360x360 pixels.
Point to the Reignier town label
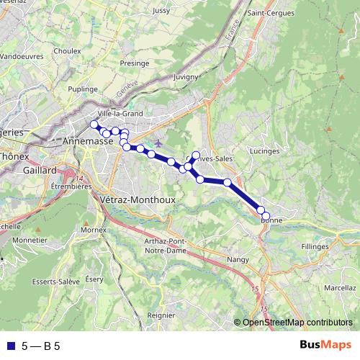(161, 315)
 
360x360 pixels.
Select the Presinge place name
(134, 63)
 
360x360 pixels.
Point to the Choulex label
(67, 52)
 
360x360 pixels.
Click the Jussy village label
(161, 12)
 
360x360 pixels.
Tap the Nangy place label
(238, 259)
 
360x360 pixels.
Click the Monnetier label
(30, 240)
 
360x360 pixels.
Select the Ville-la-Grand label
(120, 113)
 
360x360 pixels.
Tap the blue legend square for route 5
(10, 346)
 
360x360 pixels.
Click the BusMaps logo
(325, 346)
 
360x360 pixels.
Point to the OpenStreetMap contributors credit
(297, 323)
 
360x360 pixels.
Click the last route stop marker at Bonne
(266, 216)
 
